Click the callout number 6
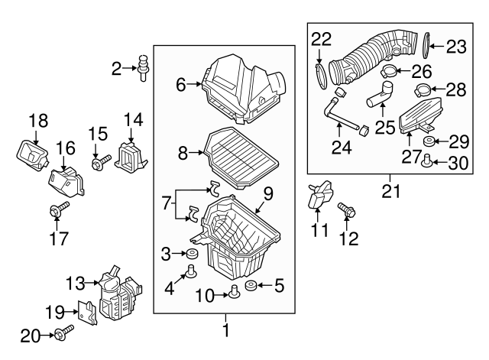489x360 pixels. tap(181, 85)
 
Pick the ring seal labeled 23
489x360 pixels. tap(425, 47)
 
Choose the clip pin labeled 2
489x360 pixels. tap(143, 66)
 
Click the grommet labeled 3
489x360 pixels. tap(191, 254)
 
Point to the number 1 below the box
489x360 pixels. tap(225, 331)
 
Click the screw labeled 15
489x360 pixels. tap(102, 161)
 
